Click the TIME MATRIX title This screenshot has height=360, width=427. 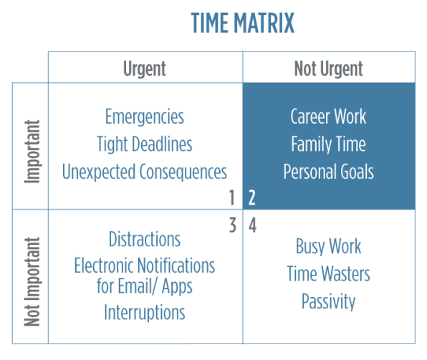click(243, 23)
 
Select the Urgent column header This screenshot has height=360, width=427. click(145, 69)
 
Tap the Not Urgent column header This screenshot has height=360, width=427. click(328, 69)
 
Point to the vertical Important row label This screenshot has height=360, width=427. click(32, 152)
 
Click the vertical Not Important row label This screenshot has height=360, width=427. click(32, 282)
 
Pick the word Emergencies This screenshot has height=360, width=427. click(145, 117)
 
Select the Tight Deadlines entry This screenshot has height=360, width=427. click(145, 145)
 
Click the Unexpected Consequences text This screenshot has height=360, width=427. click(145, 172)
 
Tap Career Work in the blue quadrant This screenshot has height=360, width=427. click(328, 117)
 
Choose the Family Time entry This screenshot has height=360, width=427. click(328, 145)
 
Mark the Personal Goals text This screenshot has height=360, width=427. click(328, 172)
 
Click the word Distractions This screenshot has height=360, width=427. click(145, 239)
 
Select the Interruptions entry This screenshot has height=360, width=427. click(145, 313)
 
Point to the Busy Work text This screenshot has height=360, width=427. click(328, 246)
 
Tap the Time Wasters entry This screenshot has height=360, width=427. click(328, 273)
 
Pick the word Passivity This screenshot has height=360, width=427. click(328, 302)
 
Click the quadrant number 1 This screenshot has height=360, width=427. click(232, 198)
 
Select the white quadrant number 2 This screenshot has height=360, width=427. click(252, 198)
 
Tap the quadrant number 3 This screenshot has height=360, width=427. click(233, 225)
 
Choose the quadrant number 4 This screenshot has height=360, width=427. click(252, 225)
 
